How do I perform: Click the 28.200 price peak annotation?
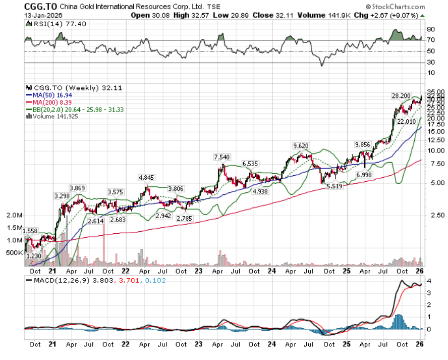tap(401, 95)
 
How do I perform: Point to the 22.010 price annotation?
tap(406, 122)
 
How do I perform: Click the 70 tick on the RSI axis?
tap(432, 40)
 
